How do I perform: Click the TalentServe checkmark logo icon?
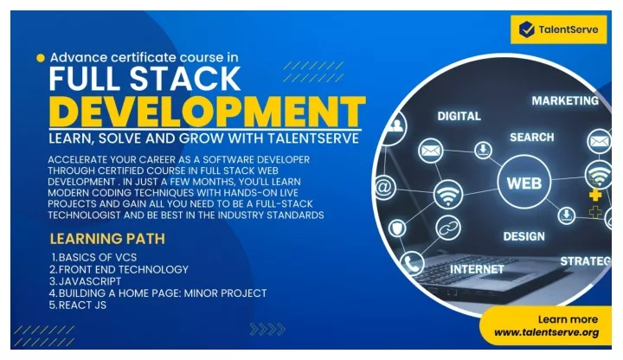(527, 29)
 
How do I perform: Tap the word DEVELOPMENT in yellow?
(207, 112)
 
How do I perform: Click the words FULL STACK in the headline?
(145, 78)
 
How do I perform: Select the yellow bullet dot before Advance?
(41, 58)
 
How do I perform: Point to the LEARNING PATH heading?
(107, 239)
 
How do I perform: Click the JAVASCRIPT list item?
(85, 281)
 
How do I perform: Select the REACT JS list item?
(78, 305)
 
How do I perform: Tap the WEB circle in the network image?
(524, 182)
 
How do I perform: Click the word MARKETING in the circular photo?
(565, 101)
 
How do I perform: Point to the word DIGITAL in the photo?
(459, 116)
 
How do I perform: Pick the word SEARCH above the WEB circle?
(531, 138)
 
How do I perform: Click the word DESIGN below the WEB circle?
(523, 236)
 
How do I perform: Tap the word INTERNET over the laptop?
(477, 269)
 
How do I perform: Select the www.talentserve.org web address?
(546, 332)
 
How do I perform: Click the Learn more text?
(568, 319)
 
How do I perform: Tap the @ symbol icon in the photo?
(384, 187)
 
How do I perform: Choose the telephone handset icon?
(412, 263)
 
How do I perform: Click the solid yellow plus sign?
(594, 195)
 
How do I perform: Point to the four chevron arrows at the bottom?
(267, 329)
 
